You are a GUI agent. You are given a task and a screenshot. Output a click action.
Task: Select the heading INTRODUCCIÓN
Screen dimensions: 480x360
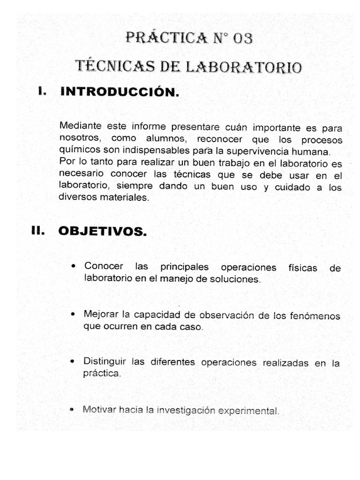120,92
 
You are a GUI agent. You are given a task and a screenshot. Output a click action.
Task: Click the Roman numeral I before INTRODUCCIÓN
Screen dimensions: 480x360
42,92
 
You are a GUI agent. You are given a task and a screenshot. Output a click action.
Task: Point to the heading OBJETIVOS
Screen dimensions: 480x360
102,231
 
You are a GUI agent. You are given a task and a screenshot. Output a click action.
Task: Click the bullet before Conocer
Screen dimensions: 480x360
74,266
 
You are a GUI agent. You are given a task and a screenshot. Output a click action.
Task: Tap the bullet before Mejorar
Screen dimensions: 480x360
74,313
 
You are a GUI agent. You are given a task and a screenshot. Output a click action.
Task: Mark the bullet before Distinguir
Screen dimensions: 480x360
73,361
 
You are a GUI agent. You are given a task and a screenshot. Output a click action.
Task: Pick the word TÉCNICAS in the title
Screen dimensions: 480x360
110,67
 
